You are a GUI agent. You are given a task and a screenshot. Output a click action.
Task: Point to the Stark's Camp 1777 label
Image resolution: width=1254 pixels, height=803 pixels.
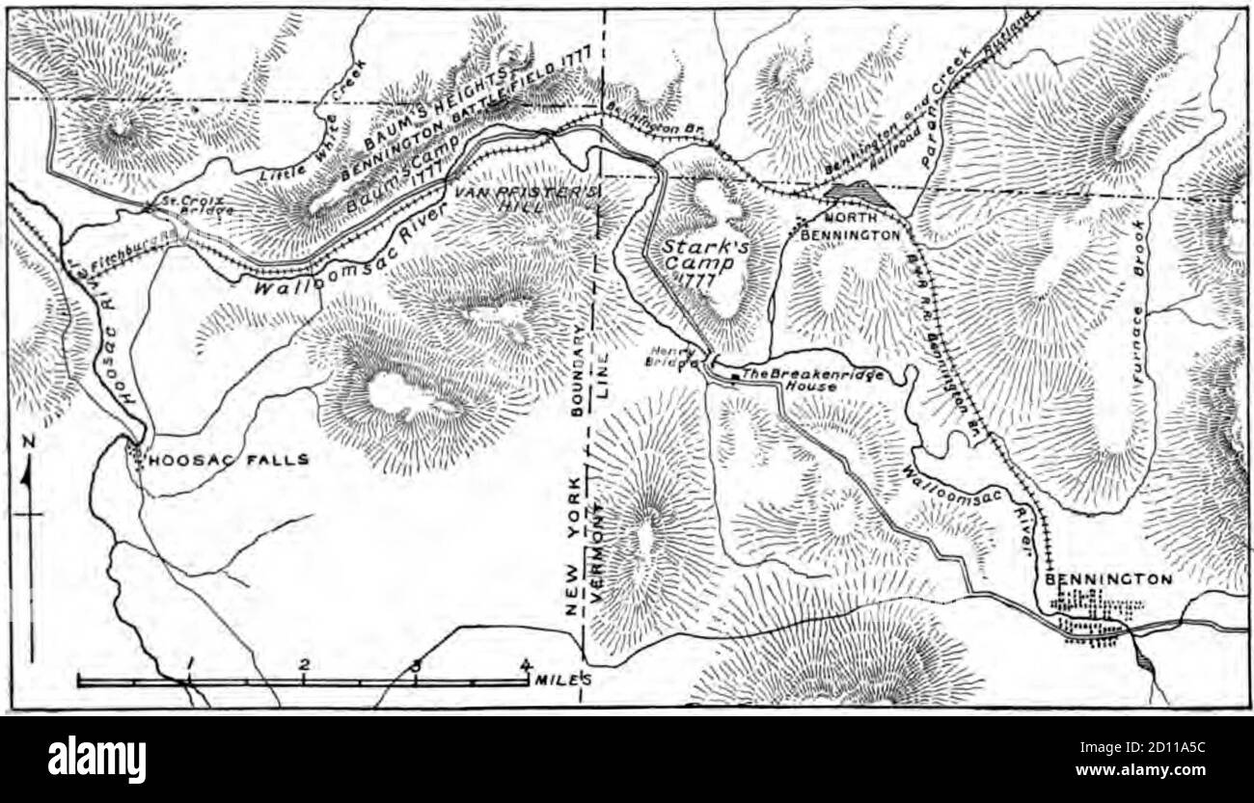coord(701,255)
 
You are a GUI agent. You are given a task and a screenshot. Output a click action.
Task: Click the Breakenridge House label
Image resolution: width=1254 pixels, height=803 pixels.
coord(803,378)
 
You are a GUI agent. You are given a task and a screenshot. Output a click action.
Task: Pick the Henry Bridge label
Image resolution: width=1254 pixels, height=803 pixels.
coord(671,358)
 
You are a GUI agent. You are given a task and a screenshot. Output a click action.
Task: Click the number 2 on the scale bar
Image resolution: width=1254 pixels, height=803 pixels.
coord(304,664)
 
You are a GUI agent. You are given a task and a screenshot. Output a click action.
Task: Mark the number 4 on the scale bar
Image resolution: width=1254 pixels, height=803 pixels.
coord(526,664)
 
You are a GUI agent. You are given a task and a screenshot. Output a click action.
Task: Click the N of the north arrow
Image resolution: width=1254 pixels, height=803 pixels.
coord(29,442)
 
